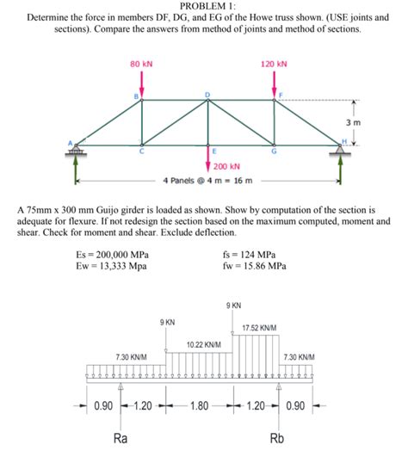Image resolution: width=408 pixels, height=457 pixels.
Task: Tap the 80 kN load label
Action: (141, 64)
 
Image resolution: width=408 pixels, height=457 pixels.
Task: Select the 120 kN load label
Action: (274, 64)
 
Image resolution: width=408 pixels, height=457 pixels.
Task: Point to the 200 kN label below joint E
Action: (226, 166)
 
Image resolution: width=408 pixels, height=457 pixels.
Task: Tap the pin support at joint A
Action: (76, 152)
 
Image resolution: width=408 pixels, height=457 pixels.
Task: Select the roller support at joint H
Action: (341, 151)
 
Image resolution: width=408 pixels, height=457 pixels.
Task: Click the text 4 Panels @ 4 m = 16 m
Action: (207, 182)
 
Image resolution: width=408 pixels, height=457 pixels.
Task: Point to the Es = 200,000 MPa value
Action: (112, 255)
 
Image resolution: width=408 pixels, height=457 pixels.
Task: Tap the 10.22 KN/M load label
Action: (204, 344)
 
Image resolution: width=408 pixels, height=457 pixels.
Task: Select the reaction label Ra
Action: (122, 438)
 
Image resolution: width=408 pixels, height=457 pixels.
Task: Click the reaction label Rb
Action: (277, 438)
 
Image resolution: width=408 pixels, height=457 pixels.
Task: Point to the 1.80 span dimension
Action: (200, 405)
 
